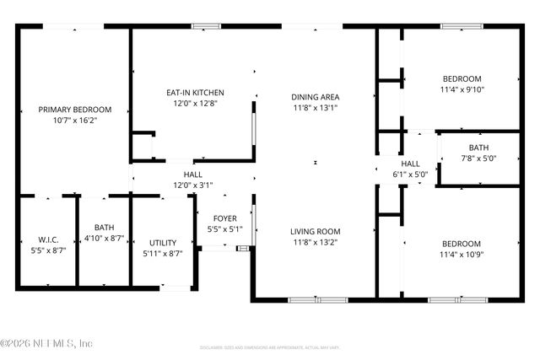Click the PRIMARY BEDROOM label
click(74, 110)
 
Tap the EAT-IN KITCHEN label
click(194, 93)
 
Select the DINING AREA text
click(316, 97)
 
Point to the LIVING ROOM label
click(316, 231)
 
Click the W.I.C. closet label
click(47, 239)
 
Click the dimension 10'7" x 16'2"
click(74, 121)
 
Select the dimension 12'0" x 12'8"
click(194, 104)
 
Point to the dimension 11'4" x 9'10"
click(462, 89)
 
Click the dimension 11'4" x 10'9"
click(462, 254)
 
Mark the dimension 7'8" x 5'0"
click(478, 158)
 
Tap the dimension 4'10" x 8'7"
click(104, 239)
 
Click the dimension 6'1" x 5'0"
click(410, 175)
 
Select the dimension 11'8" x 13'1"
click(316, 108)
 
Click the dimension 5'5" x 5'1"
click(224, 228)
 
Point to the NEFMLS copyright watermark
click(46, 343)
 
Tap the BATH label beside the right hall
click(478, 148)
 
